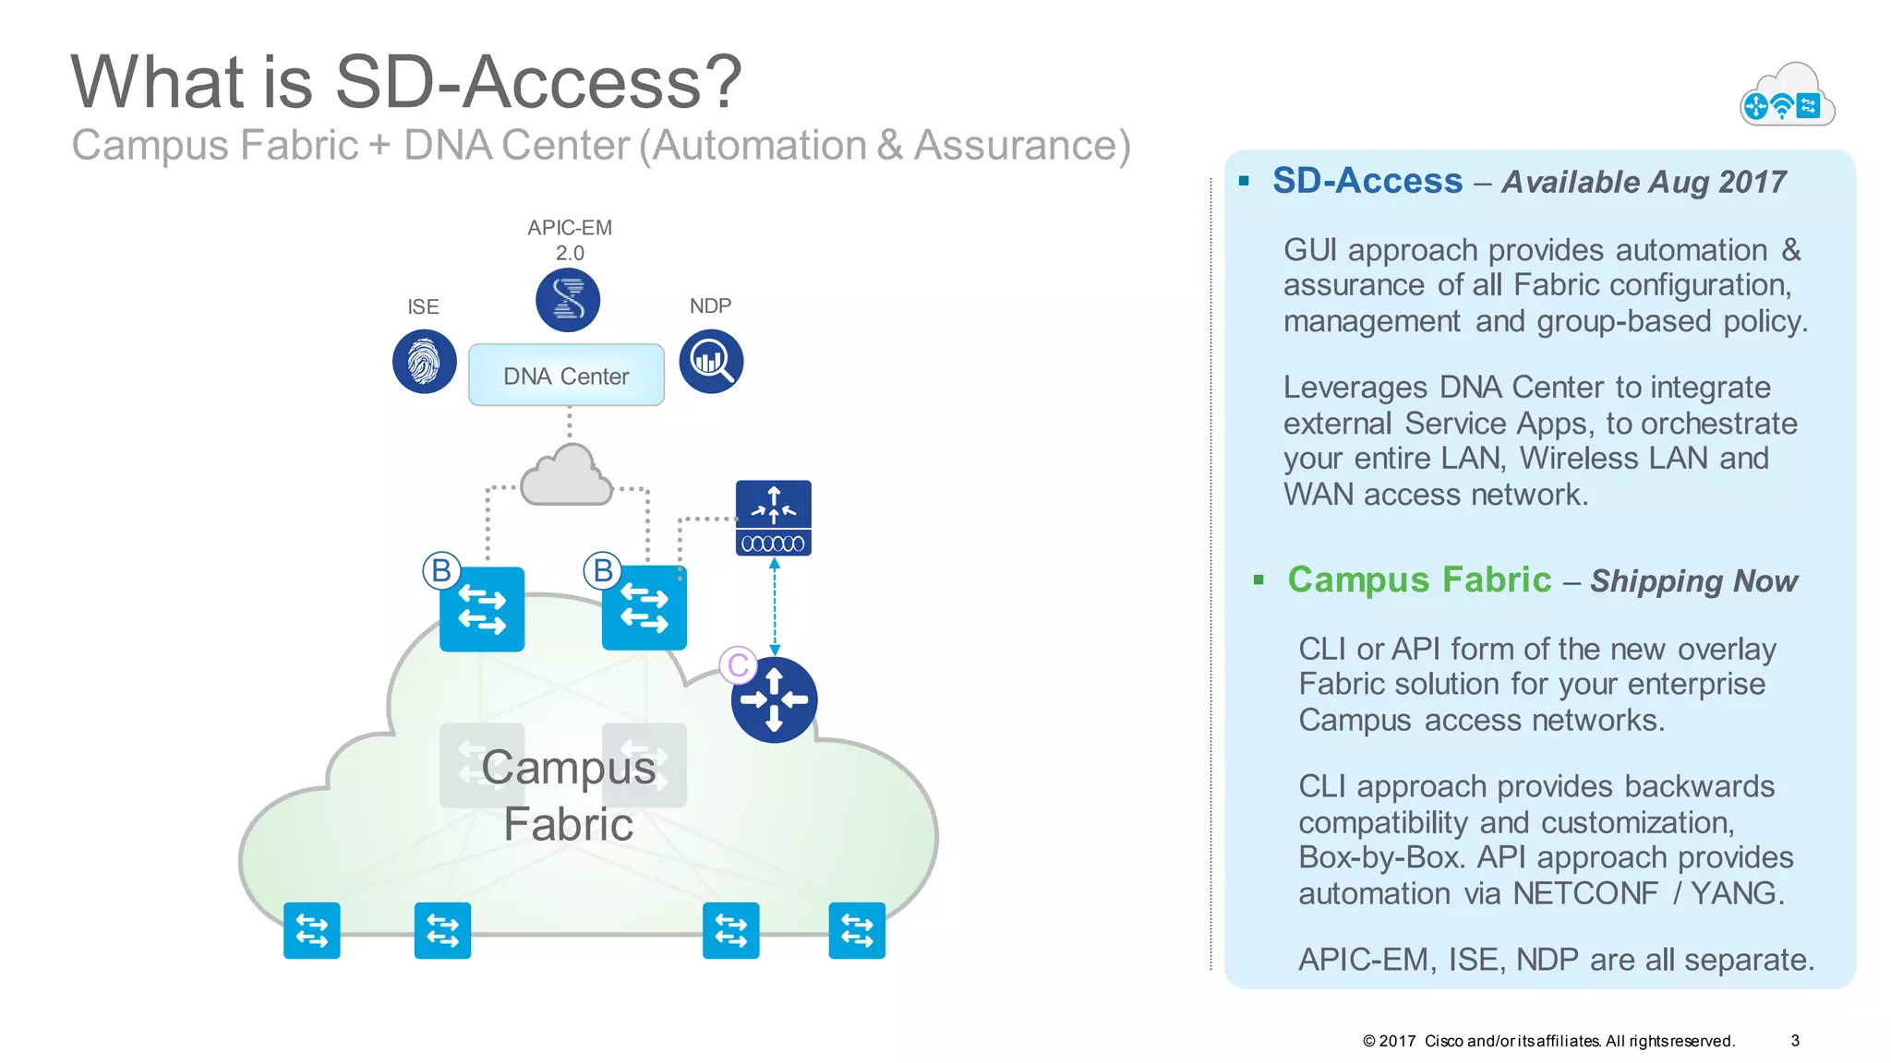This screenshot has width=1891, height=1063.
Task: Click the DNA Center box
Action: coord(566,376)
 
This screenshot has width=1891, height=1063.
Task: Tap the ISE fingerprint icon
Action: coord(424,361)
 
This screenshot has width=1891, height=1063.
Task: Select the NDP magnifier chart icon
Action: coord(711,361)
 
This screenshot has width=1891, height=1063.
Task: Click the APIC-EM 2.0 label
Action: coord(570,240)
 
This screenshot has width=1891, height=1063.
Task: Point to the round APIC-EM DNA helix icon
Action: coord(568,300)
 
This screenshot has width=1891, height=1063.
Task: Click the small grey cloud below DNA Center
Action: coord(566,477)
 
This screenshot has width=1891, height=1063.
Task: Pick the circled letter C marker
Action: coord(738,664)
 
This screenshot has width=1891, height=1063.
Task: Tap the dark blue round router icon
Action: coord(774,699)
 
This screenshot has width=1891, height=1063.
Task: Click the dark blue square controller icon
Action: coord(774,518)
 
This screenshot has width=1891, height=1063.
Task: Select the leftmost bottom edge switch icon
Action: coord(312,930)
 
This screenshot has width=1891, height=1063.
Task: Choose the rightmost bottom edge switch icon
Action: coord(857,930)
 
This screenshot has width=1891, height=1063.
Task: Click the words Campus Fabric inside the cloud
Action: coord(569,794)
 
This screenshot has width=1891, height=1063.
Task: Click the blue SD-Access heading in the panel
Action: coord(1367,181)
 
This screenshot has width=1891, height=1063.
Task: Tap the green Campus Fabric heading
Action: coord(1419,579)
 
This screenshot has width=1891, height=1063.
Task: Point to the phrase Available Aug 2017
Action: coord(1644,182)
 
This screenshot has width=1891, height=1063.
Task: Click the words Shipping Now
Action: coord(1693,581)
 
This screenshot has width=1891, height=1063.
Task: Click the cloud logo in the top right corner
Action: coord(1787,96)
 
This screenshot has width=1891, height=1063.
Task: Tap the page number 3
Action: coord(1795,1040)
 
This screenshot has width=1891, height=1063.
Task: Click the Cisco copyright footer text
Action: coord(1548,1041)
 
